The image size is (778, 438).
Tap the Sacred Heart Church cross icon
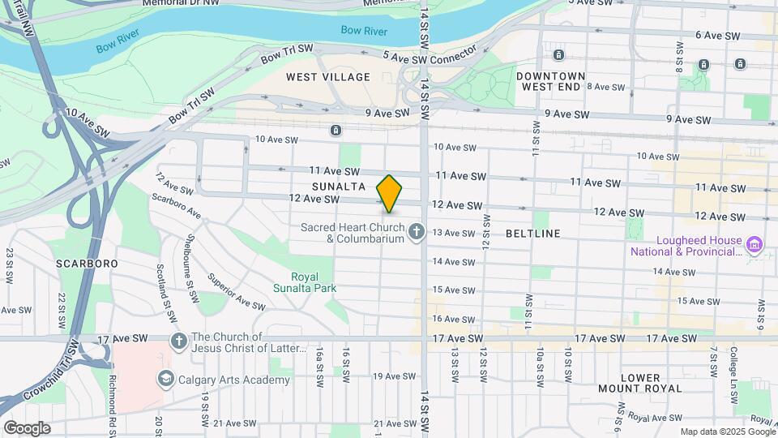click(x=417, y=233)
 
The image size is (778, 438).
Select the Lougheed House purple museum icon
click(x=754, y=244)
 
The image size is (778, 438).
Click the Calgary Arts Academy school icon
click(x=166, y=380)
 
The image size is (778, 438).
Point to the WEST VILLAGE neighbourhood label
click(x=328, y=77)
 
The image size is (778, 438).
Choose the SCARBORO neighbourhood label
click(x=87, y=264)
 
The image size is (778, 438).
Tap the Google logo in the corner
click(x=27, y=427)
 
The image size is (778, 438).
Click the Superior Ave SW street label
click(x=236, y=292)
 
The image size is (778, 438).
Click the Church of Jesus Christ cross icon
click(x=179, y=341)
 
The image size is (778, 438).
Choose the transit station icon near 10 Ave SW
click(x=336, y=130)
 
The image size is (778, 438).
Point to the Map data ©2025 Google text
click(x=726, y=432)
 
